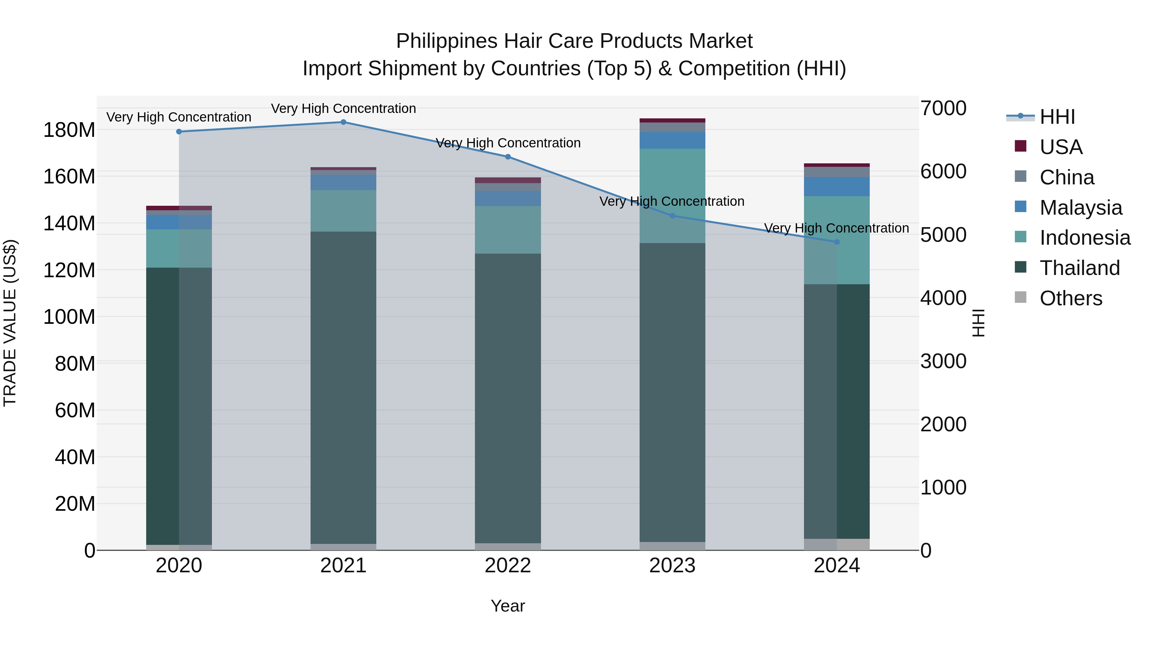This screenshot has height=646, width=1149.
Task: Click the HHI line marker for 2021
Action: click(x=343, y=122)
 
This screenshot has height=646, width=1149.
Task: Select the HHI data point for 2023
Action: click(x=672, y=216)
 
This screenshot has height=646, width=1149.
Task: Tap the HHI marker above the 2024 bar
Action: click(x=837, y=242)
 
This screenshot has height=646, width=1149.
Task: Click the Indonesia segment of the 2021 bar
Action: click(x=343, y=211)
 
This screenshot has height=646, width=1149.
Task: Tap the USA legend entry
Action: click(x=1061, y=147)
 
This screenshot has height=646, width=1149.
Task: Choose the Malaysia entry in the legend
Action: click(x=1080, y=208)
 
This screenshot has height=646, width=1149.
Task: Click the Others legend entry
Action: click(x=1070, y=298)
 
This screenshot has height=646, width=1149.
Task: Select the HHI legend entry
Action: click(x=1057, y=117)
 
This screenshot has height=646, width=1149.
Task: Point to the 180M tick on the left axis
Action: click(x=69, y=130)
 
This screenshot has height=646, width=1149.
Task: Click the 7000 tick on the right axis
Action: click(x=943, y=108)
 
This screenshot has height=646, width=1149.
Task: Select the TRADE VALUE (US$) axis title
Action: click(x=10, y=323)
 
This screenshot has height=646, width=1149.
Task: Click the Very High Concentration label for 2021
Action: click(x=343, y=108)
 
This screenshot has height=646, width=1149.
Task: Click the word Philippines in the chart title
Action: click(x=447, y=41)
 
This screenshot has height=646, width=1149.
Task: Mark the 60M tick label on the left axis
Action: click(x=75, y=410)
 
